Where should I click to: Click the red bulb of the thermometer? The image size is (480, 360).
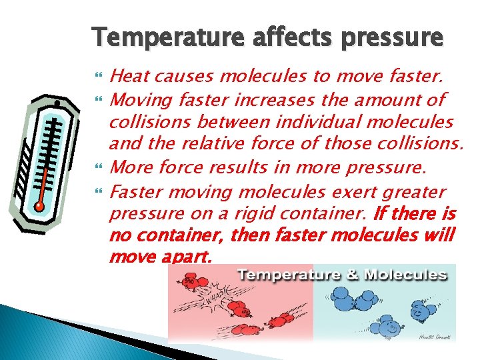coord(40,207)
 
